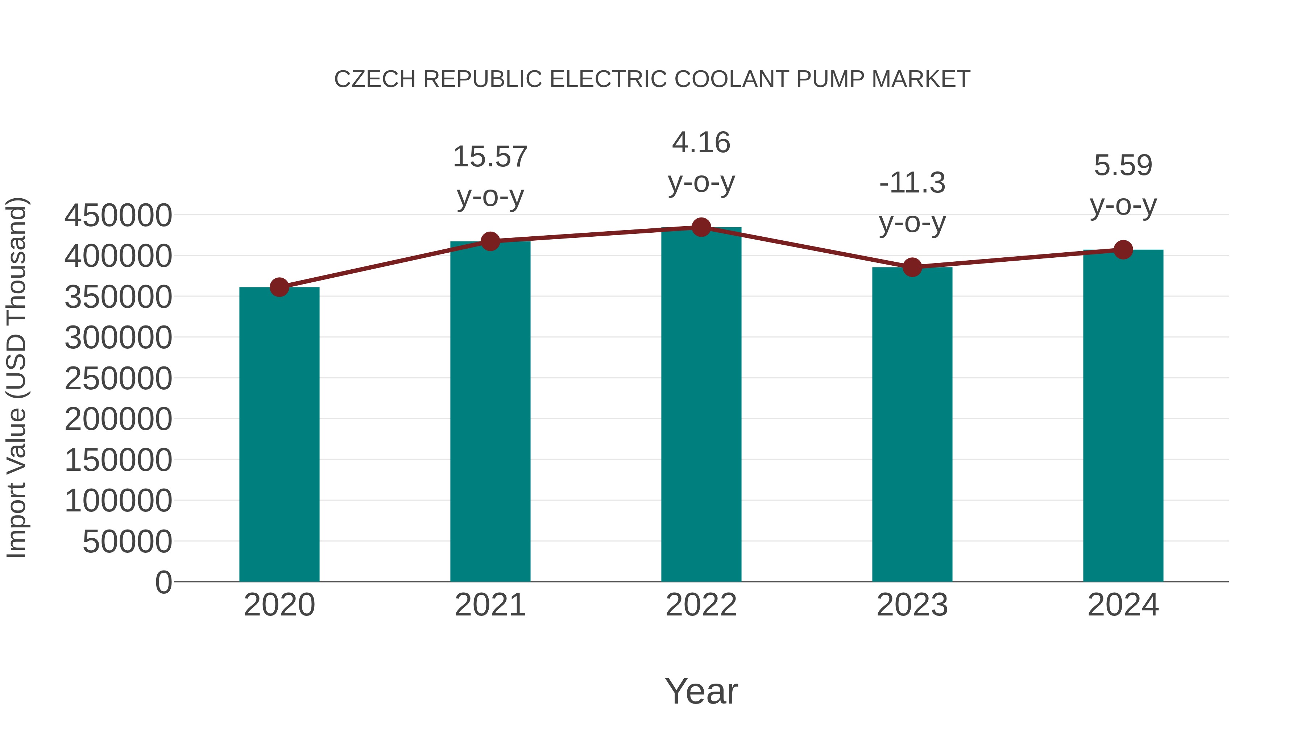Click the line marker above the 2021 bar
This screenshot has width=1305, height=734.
click(x=490, y=242)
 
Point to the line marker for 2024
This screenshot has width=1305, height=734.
click(x=1123, y=250)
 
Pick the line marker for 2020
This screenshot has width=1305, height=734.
click(x=279, y=287)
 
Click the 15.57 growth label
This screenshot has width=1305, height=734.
click(x=490, y=157)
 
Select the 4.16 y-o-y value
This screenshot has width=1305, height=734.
click(x=701, y=142)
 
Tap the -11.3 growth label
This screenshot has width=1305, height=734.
click(x=912, y=183)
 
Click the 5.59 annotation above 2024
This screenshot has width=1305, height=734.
click(x=1123, y=166)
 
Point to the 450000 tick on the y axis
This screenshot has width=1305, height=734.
click(x=118, y=215)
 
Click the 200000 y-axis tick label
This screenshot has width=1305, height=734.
click(x=118, y=419)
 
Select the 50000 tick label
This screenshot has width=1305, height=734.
click(x=127, y=542)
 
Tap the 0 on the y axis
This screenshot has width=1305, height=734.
click(x=163, y=582)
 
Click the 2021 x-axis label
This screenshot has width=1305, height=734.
click(x=490, y=605)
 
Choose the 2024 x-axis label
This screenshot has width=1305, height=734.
click(x=1123, y=605)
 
